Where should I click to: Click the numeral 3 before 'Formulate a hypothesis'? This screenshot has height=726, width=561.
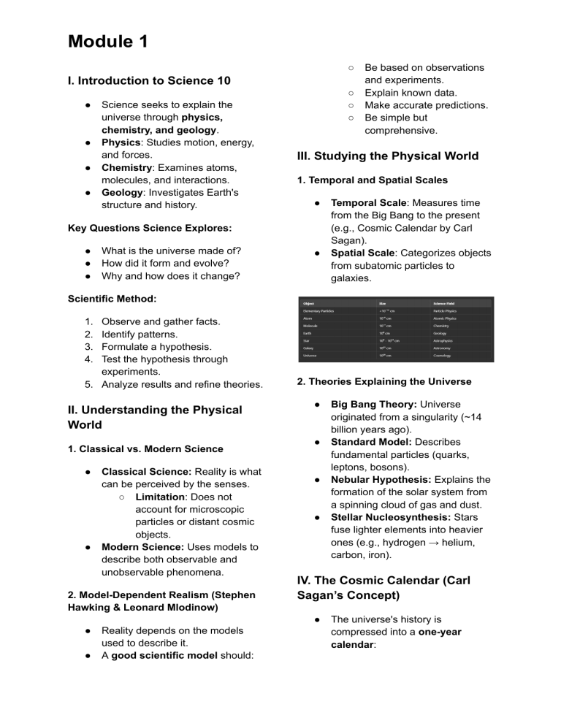(89, 347)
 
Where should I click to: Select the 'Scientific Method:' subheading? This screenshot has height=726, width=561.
(112, 299)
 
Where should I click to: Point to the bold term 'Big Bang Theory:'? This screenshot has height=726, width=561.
(373, 402)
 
